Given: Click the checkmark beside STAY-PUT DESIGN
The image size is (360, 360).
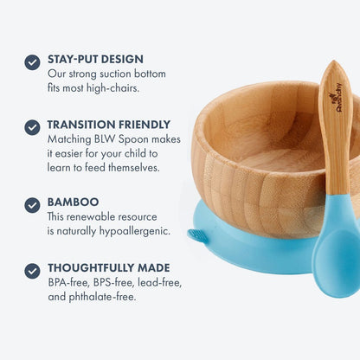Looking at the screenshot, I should [x=32, y=61].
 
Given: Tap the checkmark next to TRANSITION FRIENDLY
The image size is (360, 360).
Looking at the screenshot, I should [x=32, y=126].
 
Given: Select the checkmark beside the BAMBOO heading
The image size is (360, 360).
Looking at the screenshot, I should [x=32, y=205].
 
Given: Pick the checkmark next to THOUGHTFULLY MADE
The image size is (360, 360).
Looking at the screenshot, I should [x=32, y=270].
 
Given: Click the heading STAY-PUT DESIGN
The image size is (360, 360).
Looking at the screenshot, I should [x=94, y=60].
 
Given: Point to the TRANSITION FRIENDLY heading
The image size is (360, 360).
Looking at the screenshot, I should [x=109, y=125].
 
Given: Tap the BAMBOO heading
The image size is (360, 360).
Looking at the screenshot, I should [x=74, y=202].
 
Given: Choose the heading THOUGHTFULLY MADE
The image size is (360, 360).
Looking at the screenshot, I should [x=109, y=267].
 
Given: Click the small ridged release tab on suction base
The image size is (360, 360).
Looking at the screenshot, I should [x=198, y=235].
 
